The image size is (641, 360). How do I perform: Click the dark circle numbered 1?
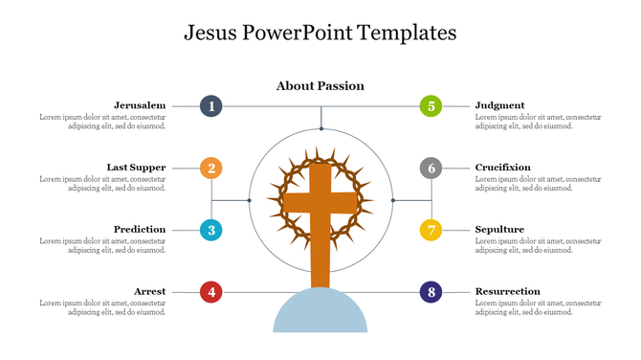point(211,106)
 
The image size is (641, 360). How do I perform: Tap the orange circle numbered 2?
point(211,169)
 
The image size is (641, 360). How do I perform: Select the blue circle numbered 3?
point(211,230)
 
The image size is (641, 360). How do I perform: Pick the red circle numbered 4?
point(211,292)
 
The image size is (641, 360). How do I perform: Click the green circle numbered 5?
point(431,106)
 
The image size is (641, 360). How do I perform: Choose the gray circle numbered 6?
point(431,169)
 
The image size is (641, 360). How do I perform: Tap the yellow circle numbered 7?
point(431,230)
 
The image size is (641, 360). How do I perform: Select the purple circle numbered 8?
point(431,292)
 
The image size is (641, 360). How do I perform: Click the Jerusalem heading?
point(140,105)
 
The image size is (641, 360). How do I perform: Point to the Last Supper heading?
point(136,168)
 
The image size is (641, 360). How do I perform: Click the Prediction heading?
point(140,230)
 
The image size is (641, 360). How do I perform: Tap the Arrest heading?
point(149,291)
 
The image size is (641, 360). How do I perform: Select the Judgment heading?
point(499,105)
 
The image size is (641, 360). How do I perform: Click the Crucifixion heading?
point(502,168)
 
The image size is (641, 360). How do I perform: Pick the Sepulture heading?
point(499,230)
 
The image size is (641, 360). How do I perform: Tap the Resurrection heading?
point(507,291)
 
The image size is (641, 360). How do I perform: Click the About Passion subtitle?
point(320,86)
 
